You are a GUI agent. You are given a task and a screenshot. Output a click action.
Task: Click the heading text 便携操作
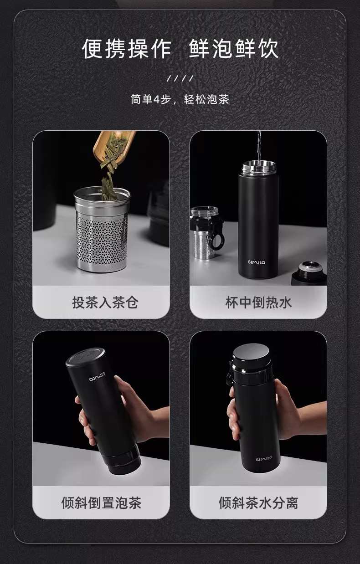[x=127, y=49]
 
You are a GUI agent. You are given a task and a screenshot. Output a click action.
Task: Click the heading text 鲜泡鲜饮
[x=234, y=49]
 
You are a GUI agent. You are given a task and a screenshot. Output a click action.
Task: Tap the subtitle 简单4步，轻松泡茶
[x=180, y=99]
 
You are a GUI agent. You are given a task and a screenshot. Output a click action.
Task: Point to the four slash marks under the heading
[x=180, y=78]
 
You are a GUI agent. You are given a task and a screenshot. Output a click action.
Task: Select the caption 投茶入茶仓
[x=105, y=303]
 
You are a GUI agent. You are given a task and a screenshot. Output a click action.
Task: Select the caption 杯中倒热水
[x=258, y=303]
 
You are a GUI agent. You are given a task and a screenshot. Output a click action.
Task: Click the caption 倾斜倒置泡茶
[x=101, y=503]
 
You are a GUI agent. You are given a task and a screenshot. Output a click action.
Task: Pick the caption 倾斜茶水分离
[x=258, y=503]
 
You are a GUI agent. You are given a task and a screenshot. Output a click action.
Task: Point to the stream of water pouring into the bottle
[x=259, y=147]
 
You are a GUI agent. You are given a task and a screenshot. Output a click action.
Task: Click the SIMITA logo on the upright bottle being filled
[x=257, y=262]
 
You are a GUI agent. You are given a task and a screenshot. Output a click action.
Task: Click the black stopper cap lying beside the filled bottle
[x=309, y=273]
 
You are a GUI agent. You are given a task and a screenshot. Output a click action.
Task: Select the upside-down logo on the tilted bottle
[x=97, y=377]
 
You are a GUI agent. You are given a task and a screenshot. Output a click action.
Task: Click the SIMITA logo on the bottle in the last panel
[x=264, y=458]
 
